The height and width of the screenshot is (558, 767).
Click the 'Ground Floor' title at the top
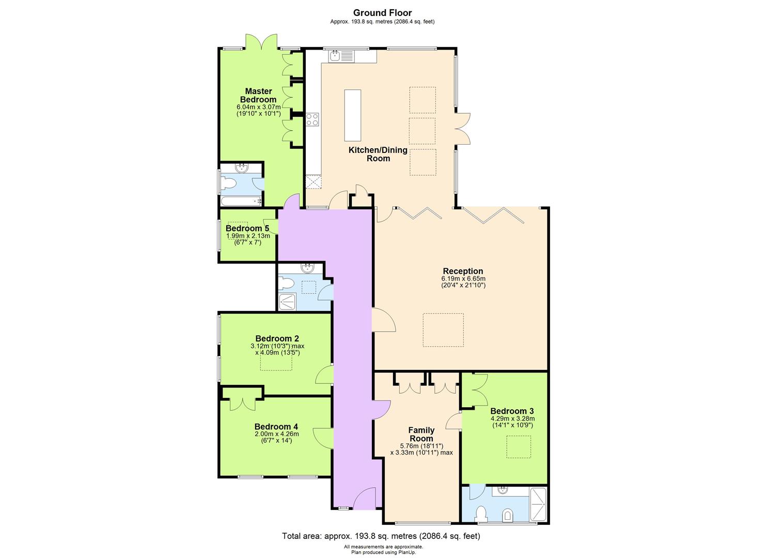pyautogui.click(x=383, y=13)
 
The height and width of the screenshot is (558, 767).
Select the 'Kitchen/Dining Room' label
pyautogui.click(x=378, y=154)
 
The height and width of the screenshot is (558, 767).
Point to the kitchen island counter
pyautogui.click(x=353, y=115)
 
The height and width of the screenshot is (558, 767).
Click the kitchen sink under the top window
pyautogui.click(x=335, y=55)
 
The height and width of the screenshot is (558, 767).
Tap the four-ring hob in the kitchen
pyautogui.click(x=312, y=120)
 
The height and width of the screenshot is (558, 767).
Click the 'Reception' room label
pyautogui.click(x=463, y=271)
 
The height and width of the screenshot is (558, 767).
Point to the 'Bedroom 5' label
pyautogui.click(x=247, y=228)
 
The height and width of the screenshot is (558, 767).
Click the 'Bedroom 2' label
pyautogui.click(x=277, y=339)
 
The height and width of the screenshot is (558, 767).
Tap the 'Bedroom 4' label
pyautogui.click(x=276, y=427)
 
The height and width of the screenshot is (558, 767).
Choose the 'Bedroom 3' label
pyautogui.click(x=512, y=411)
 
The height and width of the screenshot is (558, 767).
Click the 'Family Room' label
pyautogui.click(x=421, y=434)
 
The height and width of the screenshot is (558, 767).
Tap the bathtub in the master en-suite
pyautogui.click(x=241, y=201)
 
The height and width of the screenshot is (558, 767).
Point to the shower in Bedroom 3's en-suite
pyautogui.click(x=538, y=504)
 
